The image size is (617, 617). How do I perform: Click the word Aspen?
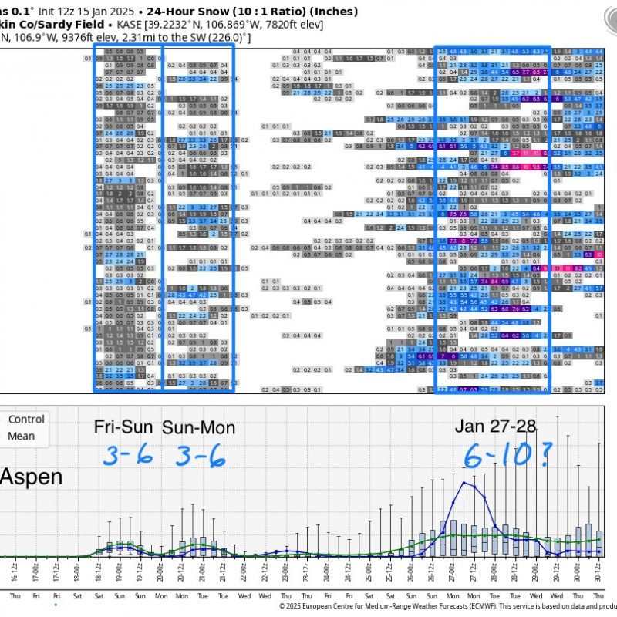point(31,476)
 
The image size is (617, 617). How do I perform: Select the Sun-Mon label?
point(198,427)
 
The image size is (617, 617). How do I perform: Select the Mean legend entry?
point(22,436)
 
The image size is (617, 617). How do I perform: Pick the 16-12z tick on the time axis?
point(15,575)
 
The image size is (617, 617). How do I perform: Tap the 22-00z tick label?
point(244,575)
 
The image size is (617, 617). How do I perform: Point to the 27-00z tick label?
point(452,575)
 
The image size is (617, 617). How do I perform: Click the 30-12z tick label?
point(598,575)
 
